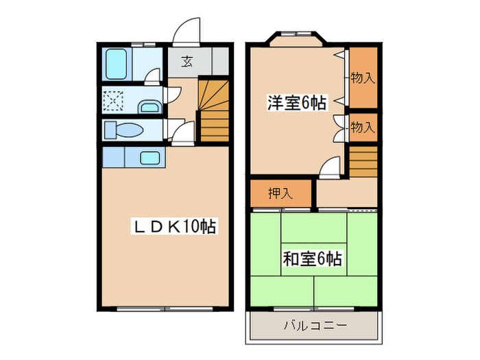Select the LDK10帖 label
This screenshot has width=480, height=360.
[x=173, y=226]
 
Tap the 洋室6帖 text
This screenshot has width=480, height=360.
[x=296, y=104]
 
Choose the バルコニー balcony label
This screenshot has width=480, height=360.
[x=315, y=325]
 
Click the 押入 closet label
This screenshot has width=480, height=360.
[x=280, y=193]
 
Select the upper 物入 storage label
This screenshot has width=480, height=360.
[x=363, y=77]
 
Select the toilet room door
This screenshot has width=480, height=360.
[x=177, y=132]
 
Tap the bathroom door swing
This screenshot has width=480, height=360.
[x=154, y=75]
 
